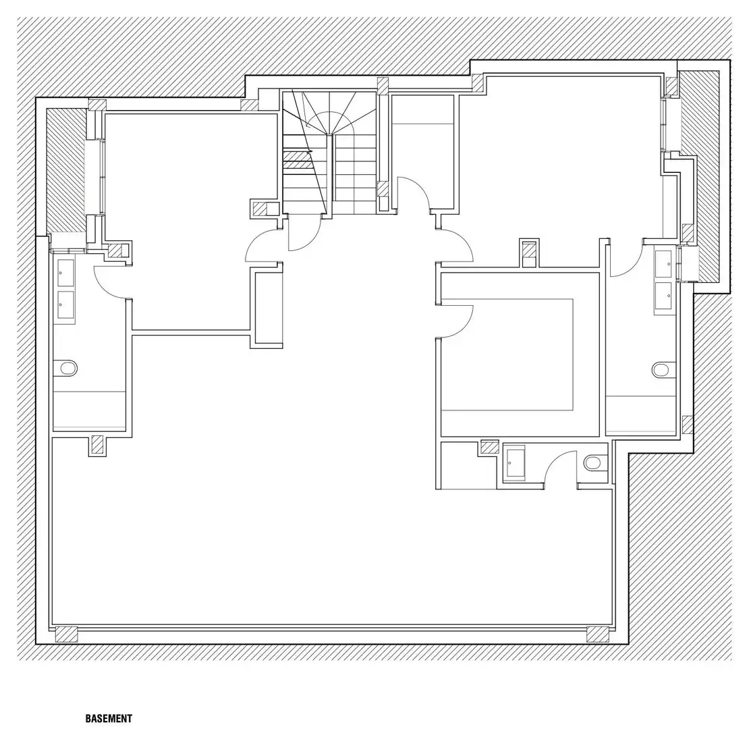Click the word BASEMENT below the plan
[x=109, y=718]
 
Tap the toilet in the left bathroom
[x=66, y=368]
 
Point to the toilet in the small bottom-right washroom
[x=595, y=462]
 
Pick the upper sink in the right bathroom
[x=664, y=263]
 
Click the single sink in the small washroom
[x=514, y=462]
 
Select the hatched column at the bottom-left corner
[x=66, y=634]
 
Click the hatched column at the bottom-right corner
[x=597, y=634]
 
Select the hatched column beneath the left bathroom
[x=97, y=445]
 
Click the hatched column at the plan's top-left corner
[x=97, y=105]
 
